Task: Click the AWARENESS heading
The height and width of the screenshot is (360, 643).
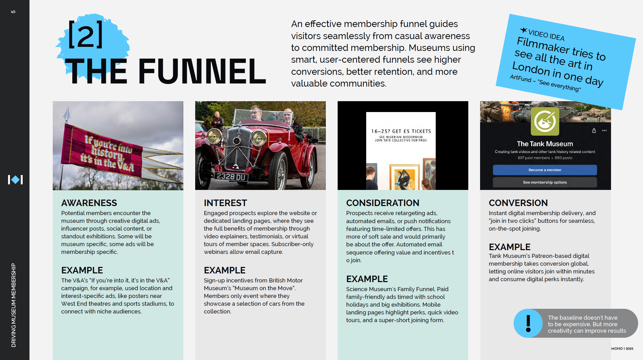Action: point(89,203)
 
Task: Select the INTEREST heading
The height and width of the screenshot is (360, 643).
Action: point(225,203)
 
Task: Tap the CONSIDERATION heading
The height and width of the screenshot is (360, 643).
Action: point(383,203)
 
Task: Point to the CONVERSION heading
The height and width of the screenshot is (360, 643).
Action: point(518,203)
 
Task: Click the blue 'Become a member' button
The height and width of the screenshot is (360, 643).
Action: point(545,170)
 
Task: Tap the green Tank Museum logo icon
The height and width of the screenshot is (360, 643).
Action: point(545,121)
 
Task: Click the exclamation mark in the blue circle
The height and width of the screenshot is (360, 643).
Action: point(528,323)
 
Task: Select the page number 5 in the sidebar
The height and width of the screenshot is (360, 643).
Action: point(13,12)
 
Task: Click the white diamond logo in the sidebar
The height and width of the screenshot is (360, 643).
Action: point(15,180)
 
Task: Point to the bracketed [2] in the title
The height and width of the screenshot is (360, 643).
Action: point(85,35)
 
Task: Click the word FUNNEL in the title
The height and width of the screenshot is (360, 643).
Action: point(202,71)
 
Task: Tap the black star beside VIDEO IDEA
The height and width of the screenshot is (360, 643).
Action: point(524,30)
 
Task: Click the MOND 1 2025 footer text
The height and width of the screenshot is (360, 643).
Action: point(622,349)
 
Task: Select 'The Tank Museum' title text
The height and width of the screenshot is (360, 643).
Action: point(545,144)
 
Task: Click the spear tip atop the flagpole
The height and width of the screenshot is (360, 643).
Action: point(67,114)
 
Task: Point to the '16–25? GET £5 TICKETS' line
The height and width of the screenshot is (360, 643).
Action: point(401,131)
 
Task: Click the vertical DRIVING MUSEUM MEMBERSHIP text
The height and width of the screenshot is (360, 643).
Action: point(14,305)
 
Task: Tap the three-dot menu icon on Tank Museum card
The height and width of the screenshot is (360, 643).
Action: point(604,131)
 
